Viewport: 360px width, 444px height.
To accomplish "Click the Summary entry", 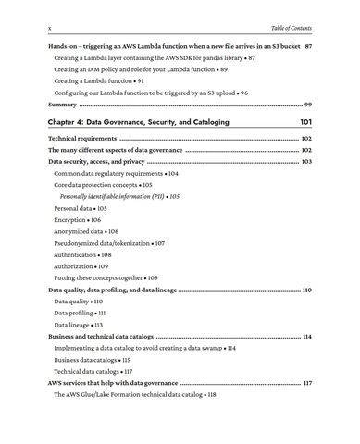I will pyautogui.click(x=63, y=105).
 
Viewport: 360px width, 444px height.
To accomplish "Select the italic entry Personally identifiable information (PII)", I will pyautogui.click(x=119, y=196).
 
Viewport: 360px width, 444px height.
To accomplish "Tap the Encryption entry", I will pyautogui.click(x=77, y=220).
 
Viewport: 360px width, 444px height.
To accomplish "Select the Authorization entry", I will pyautogui.click(x=81, y=266).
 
